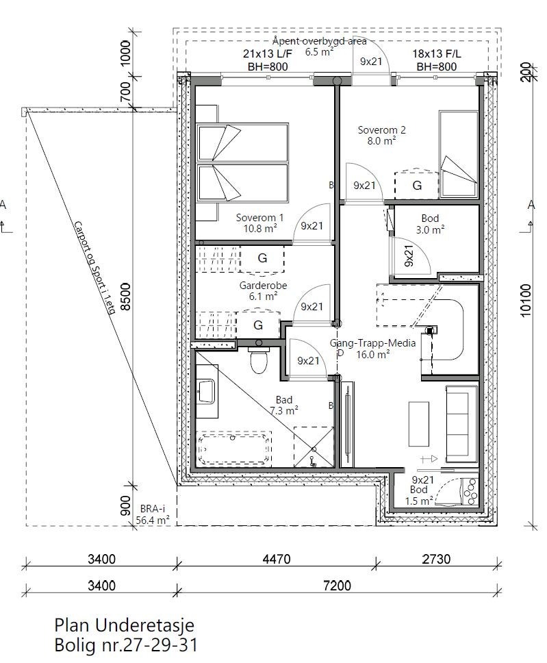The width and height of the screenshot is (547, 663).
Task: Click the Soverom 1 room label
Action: coord(256,223)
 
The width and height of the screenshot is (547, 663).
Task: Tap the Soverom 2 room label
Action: coord(382,135)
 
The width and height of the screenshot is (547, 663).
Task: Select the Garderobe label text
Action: coord(258,291)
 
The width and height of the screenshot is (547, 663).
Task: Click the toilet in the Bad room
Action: coord(259,361)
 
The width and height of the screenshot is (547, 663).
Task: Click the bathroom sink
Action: coord(206,391)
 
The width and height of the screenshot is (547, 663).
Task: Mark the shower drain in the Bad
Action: coord(312,459)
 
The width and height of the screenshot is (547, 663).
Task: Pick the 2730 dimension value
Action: coord(436,560)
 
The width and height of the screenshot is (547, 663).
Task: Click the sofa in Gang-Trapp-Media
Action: coord(461,423)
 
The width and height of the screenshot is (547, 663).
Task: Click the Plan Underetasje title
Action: coord(124,625)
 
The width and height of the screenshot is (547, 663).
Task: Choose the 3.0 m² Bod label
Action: coord(435,224)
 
